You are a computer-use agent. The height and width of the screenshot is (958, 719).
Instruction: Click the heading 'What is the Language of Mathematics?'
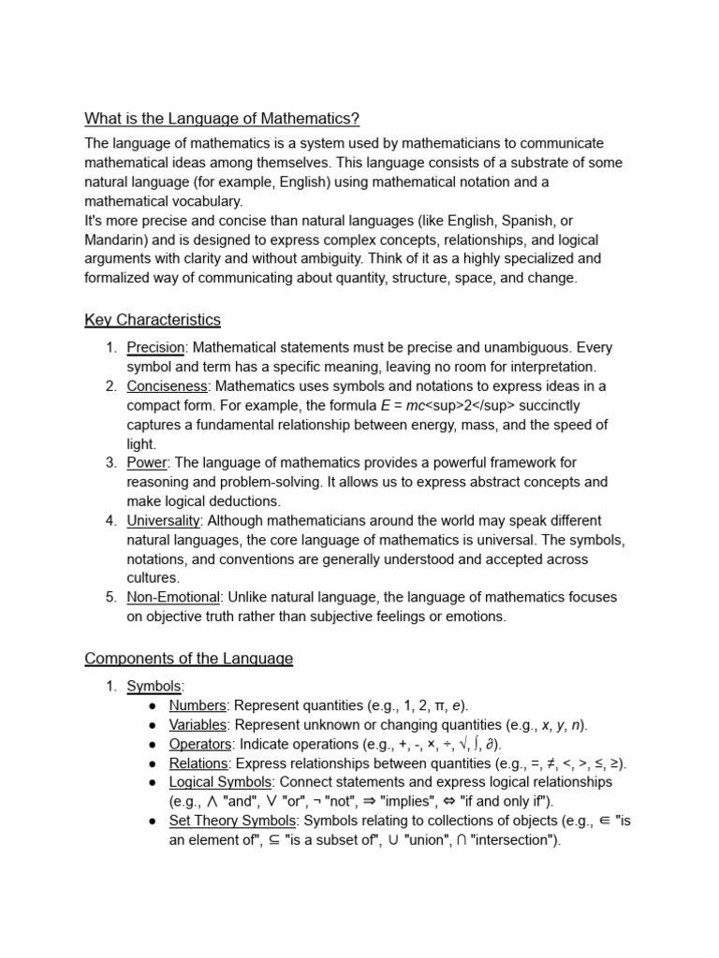(x=222, y=119)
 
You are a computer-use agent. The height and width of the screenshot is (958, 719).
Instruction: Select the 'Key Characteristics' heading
(x=153, y=320)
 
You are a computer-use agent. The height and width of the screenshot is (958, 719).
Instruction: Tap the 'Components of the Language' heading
(x=188, y=659)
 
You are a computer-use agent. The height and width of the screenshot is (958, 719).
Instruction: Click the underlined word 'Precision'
(x=156, y=348)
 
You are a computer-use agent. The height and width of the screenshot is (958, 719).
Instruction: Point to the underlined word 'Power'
(x=146, y=462)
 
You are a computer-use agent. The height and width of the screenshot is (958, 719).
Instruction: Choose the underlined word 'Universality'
(x=164, y=520)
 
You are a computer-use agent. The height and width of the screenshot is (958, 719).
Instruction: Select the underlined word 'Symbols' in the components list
(x=154, y=687)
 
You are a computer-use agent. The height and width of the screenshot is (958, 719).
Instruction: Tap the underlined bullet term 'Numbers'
(x=198, y=705)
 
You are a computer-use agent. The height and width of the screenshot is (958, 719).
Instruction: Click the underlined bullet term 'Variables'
(x=198, y=725)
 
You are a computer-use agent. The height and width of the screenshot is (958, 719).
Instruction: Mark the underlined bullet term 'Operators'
(x=200, y=744)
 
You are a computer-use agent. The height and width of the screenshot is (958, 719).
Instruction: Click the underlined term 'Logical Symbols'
(x=220, y=782)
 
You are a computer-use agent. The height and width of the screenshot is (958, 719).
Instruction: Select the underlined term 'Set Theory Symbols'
(x=231, y=820)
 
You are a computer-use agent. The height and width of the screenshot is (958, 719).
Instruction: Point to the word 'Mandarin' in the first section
(x=114, y=239)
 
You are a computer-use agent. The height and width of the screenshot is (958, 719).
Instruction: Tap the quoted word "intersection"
(x=513, y=840)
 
